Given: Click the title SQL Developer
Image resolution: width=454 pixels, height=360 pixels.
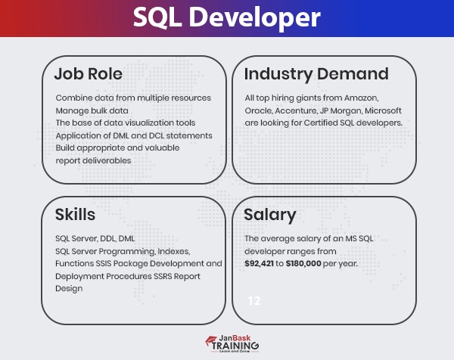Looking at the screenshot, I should point(226,18).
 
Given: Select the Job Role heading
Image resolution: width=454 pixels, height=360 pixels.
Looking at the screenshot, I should point(88,74).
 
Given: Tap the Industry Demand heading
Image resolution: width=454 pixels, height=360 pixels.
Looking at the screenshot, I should point(316,74).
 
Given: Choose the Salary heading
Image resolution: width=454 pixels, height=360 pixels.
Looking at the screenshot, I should point(269,214).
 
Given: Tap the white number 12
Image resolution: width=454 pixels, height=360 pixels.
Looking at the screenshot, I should point(254,300).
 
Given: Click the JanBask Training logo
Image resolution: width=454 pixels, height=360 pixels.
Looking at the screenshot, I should point(226,343).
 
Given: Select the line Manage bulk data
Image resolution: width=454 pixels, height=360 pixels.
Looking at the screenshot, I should point(92,110).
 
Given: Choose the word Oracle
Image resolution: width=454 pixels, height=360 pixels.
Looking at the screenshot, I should point(259,110).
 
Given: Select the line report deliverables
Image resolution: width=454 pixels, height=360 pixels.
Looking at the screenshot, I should point(94,160).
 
